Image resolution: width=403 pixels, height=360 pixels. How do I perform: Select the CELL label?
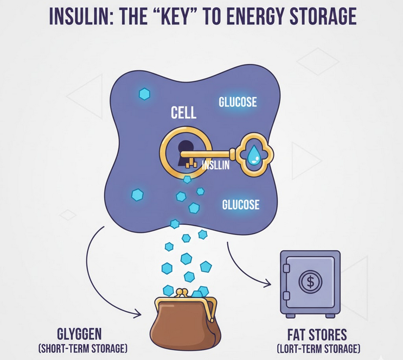coord(183,113)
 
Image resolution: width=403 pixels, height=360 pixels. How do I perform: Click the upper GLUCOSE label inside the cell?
coord(238,102)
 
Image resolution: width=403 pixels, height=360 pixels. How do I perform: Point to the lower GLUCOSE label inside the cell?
coord(241,205)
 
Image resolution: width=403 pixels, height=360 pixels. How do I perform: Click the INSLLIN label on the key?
coord(215,166)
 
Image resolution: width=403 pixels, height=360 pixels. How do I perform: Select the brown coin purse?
coord(185,326)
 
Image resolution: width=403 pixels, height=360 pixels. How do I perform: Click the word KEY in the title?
coord(176,16)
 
